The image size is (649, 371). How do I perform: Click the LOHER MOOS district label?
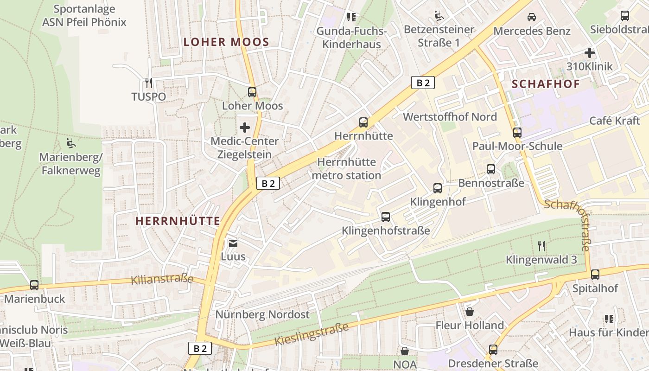pos(226,42)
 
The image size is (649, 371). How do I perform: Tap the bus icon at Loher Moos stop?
pos(252,92)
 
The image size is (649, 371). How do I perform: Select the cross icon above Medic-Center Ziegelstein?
pos(245,127)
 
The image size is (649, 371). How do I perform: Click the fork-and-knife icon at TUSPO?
pos(148,83)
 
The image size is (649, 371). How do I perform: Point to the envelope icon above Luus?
pos(233,243)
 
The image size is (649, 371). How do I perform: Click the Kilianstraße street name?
pos(162,279)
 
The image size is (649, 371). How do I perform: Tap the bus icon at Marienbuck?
pos(34,285)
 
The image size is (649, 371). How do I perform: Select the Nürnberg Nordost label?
pos(262,314)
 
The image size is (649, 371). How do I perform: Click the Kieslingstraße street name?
pos(311,334)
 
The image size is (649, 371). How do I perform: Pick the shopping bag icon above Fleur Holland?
pos(470,311)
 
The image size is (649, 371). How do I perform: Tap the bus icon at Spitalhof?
pos(595,274)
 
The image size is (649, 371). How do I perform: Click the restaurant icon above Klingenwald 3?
pos(541,246)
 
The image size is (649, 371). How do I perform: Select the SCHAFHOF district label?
pos(546,84)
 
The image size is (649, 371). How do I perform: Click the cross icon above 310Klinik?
pos(590,53)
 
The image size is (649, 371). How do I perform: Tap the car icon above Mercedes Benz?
pos(532,17)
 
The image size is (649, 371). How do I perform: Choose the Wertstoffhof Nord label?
pos(450,116)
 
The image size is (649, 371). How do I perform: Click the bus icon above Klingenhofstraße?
pos(386,217)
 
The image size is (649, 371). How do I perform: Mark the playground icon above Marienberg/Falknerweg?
pos(70,143)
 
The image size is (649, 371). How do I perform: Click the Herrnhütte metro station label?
pos(347,169)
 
